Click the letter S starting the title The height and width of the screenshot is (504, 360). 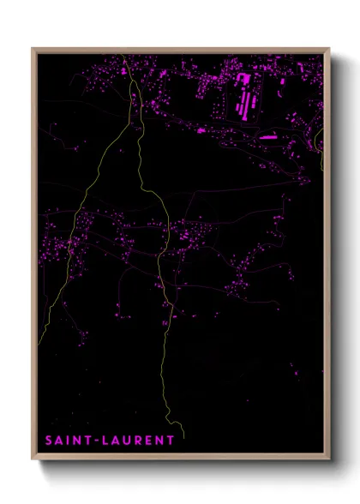pyautogui.click(x=50, y=441)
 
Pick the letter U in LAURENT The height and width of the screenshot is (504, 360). pyautogui.click(x=127, y=441)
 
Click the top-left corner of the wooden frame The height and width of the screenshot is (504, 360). pyautogui.click(x=33, y=49)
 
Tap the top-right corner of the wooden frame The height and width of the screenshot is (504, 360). pyautogui.click(x=330, y=49)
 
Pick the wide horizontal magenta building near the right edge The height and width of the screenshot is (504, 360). pyautogui.click(x=267, y=135)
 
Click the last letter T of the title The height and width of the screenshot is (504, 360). pyautogui.click(x=171, y=441)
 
